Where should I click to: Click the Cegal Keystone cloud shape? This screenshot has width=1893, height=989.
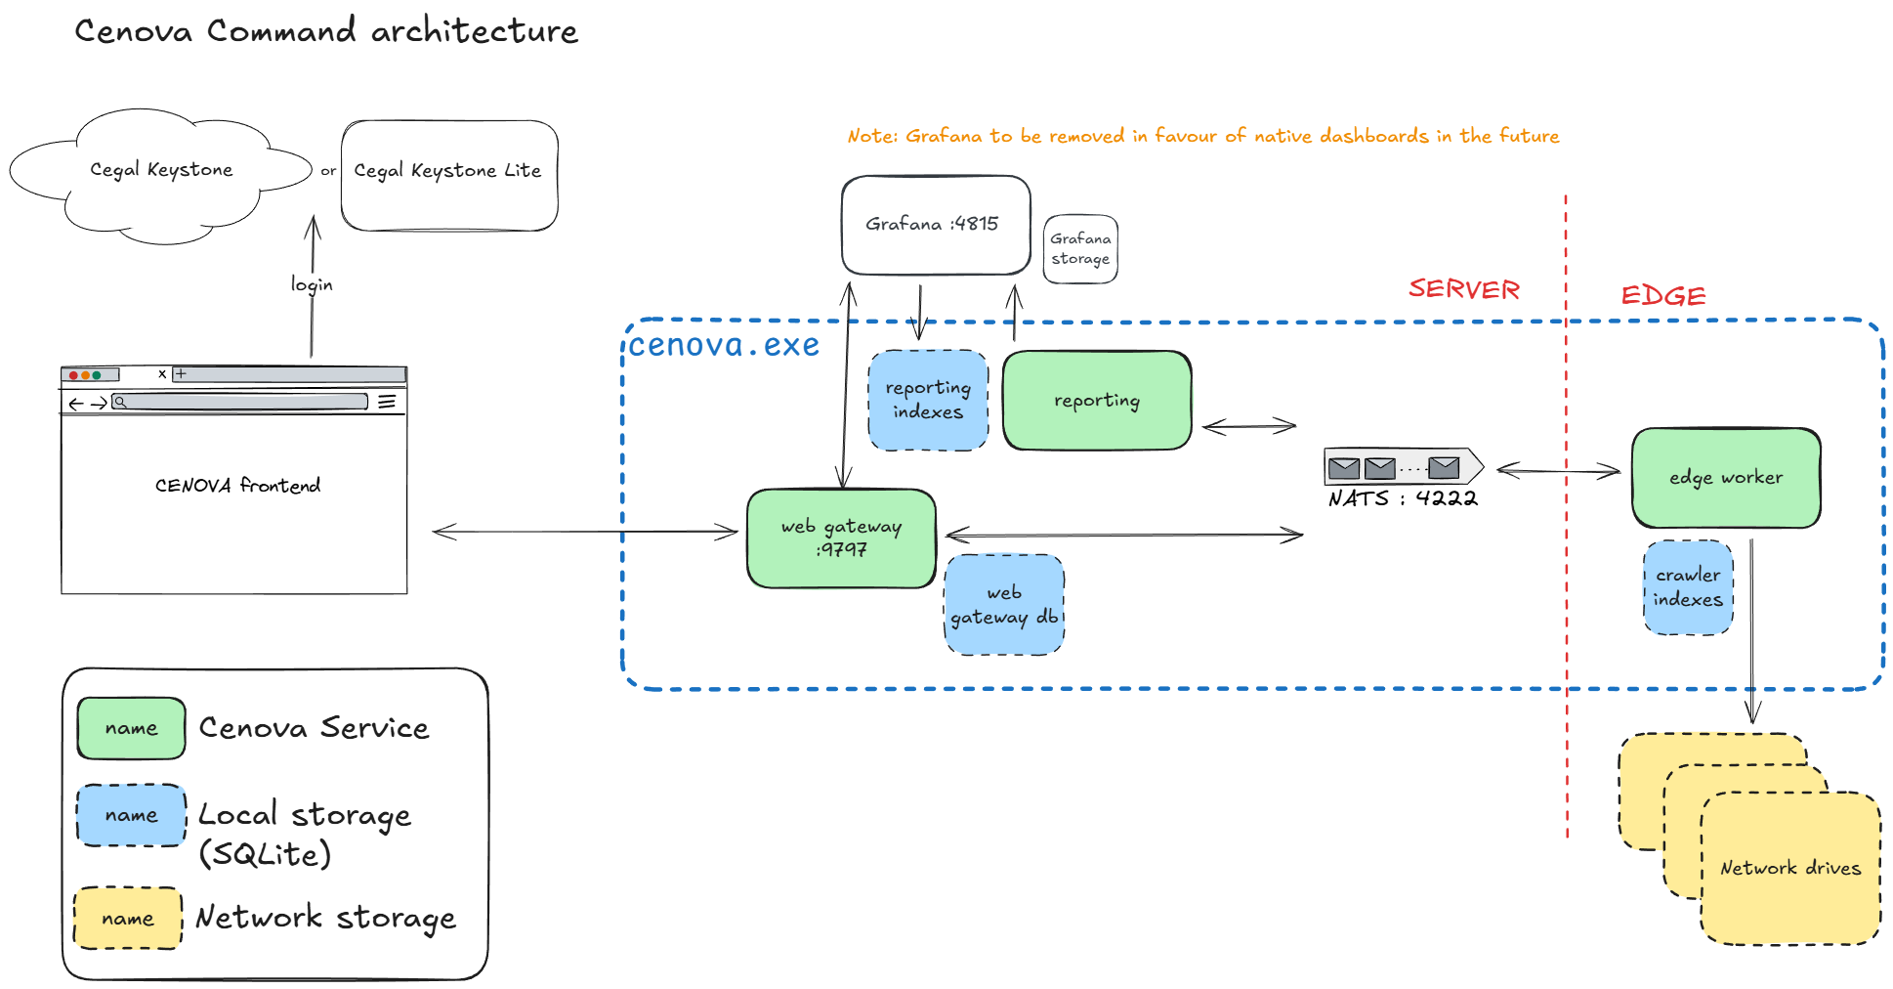pyautogui.click(x=161, y=171)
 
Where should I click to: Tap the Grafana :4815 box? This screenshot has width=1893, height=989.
pyautogui.click(x=935, y=225)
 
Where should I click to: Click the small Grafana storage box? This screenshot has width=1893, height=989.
pyautogui.click(x=1080, y=249)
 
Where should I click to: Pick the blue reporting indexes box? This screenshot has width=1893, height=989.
pyautogui.click(x=928, y=401)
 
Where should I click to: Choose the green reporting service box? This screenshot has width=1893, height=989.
pyautogui.click(x=1097, y=401)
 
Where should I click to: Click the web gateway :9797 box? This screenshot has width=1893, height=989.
pyautogui.click(x=841, y=537)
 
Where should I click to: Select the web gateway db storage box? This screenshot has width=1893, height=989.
pyautogui.click(x=1004, y=605)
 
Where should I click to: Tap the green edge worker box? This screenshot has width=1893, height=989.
pyautogui.click(x=1726, y=478)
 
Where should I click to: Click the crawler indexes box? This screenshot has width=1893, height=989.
pyautogui.click(x=1688, y=587)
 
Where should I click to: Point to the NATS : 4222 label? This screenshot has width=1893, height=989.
pyautogui.click(x=1403, y=498)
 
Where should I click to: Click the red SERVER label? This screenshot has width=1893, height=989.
pyautogui.click(x=1463, y=289)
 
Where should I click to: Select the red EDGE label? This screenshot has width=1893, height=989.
pyautogui.click(x=1663, y=295)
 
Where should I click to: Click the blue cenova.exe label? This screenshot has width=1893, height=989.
pyautogui.click(x=724, y=345)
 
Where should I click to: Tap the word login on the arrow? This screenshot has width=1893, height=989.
pyautogui.click(x=312, y=284)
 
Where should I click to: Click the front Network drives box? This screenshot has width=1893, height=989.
pyautogui.click(x=1790, y=868)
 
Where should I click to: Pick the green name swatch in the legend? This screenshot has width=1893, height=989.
pyautogui.click(x=131, y=728)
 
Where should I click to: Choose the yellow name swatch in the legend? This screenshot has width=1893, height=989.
pyautogui.click(x=128, y=919)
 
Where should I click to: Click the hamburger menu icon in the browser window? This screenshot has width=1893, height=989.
pyautogui.click(x=387, y=402)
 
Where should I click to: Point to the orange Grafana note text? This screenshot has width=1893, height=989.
pyautogui.click(x=1202, y=136)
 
